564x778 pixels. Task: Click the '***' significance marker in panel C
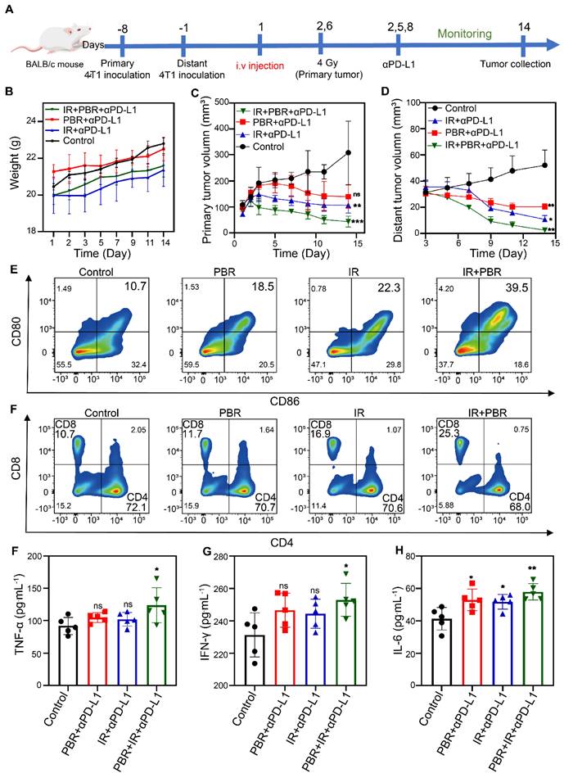coord(358,222)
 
